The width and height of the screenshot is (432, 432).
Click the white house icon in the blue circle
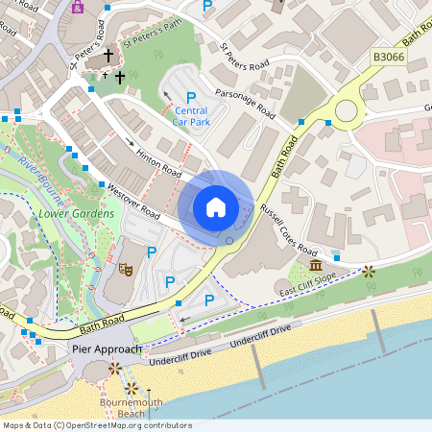coord(216,207)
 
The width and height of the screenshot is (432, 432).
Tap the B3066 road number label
coord(387,59)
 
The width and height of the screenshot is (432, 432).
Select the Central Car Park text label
coord(191,116)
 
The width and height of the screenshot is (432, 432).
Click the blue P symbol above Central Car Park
coord(191,98)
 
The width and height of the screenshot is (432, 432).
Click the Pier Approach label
coord(107,348)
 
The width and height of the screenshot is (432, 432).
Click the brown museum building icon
coord(316,264)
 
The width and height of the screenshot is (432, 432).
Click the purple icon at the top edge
coord(78,6)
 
